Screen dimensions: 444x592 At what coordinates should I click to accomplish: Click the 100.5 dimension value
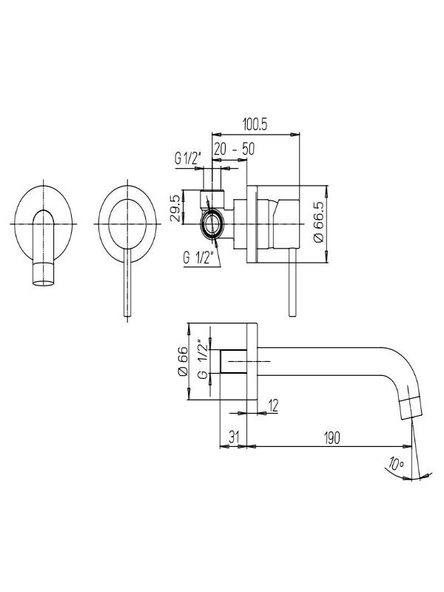coord(255,124)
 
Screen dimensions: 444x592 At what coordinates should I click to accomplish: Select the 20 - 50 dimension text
coord(234,149)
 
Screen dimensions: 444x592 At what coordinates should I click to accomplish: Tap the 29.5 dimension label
coord(175,209)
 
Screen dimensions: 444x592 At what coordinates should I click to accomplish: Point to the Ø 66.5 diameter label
coord(319,223)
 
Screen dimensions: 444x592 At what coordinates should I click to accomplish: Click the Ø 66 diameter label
coord(183,361)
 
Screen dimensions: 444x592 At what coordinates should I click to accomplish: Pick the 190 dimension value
coord(332,437)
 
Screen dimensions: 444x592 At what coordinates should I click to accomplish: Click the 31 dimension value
coord(234,437)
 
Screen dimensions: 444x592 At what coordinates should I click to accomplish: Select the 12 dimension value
coord(273,406)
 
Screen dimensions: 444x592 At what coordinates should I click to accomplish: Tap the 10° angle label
coord(395,464)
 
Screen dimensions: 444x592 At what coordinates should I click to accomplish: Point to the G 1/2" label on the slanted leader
coord(198,258)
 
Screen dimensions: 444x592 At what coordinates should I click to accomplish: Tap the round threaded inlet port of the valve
coord(212,225)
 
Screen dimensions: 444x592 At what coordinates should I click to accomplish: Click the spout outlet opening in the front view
coord(44,283)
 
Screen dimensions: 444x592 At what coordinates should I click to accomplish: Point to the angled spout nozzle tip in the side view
coord(411,408)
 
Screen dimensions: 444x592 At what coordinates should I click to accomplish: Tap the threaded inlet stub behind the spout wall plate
coord(233,362)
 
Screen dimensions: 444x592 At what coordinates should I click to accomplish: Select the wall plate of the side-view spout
coord(252,362)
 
